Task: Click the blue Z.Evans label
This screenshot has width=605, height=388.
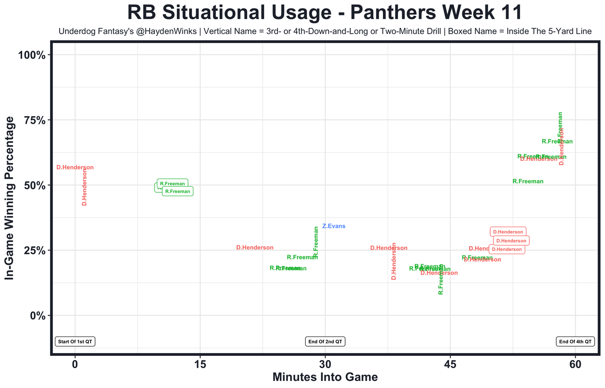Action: click(334, 226)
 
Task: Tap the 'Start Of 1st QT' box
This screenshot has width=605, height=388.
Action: click(75, 342)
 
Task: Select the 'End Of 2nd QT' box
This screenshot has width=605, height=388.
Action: click(325, 342)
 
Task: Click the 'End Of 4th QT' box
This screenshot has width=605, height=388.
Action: click(575, 342)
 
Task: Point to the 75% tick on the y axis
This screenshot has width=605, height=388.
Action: click(35, 120)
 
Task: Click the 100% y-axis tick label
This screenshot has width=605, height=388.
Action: click(32, 55)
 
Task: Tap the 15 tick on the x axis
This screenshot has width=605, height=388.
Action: click(200, 365)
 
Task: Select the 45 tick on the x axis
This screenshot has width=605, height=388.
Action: click(450, 365)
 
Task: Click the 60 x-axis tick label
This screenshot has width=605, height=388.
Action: click(575, 365)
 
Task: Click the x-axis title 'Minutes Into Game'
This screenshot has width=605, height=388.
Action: click(325, 377)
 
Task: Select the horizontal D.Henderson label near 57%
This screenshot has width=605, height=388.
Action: click(75, 167)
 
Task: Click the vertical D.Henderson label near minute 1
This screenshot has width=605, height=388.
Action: click(85, 187)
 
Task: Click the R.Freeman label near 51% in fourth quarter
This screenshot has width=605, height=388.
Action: click(527, 181)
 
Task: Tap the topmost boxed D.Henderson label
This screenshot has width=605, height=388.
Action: click(508, 232)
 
